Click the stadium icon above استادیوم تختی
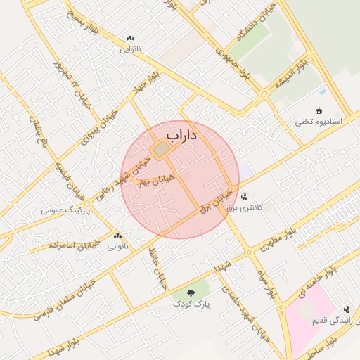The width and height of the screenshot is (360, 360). pos(318,110)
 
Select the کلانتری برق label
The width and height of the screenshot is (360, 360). pos(254,209)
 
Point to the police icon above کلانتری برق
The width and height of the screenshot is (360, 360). pos(245,197)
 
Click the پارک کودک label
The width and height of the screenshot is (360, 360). pos(192,304)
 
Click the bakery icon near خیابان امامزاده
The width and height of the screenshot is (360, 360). pos(117,236)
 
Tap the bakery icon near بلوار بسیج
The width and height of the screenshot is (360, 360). pos(129,39)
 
